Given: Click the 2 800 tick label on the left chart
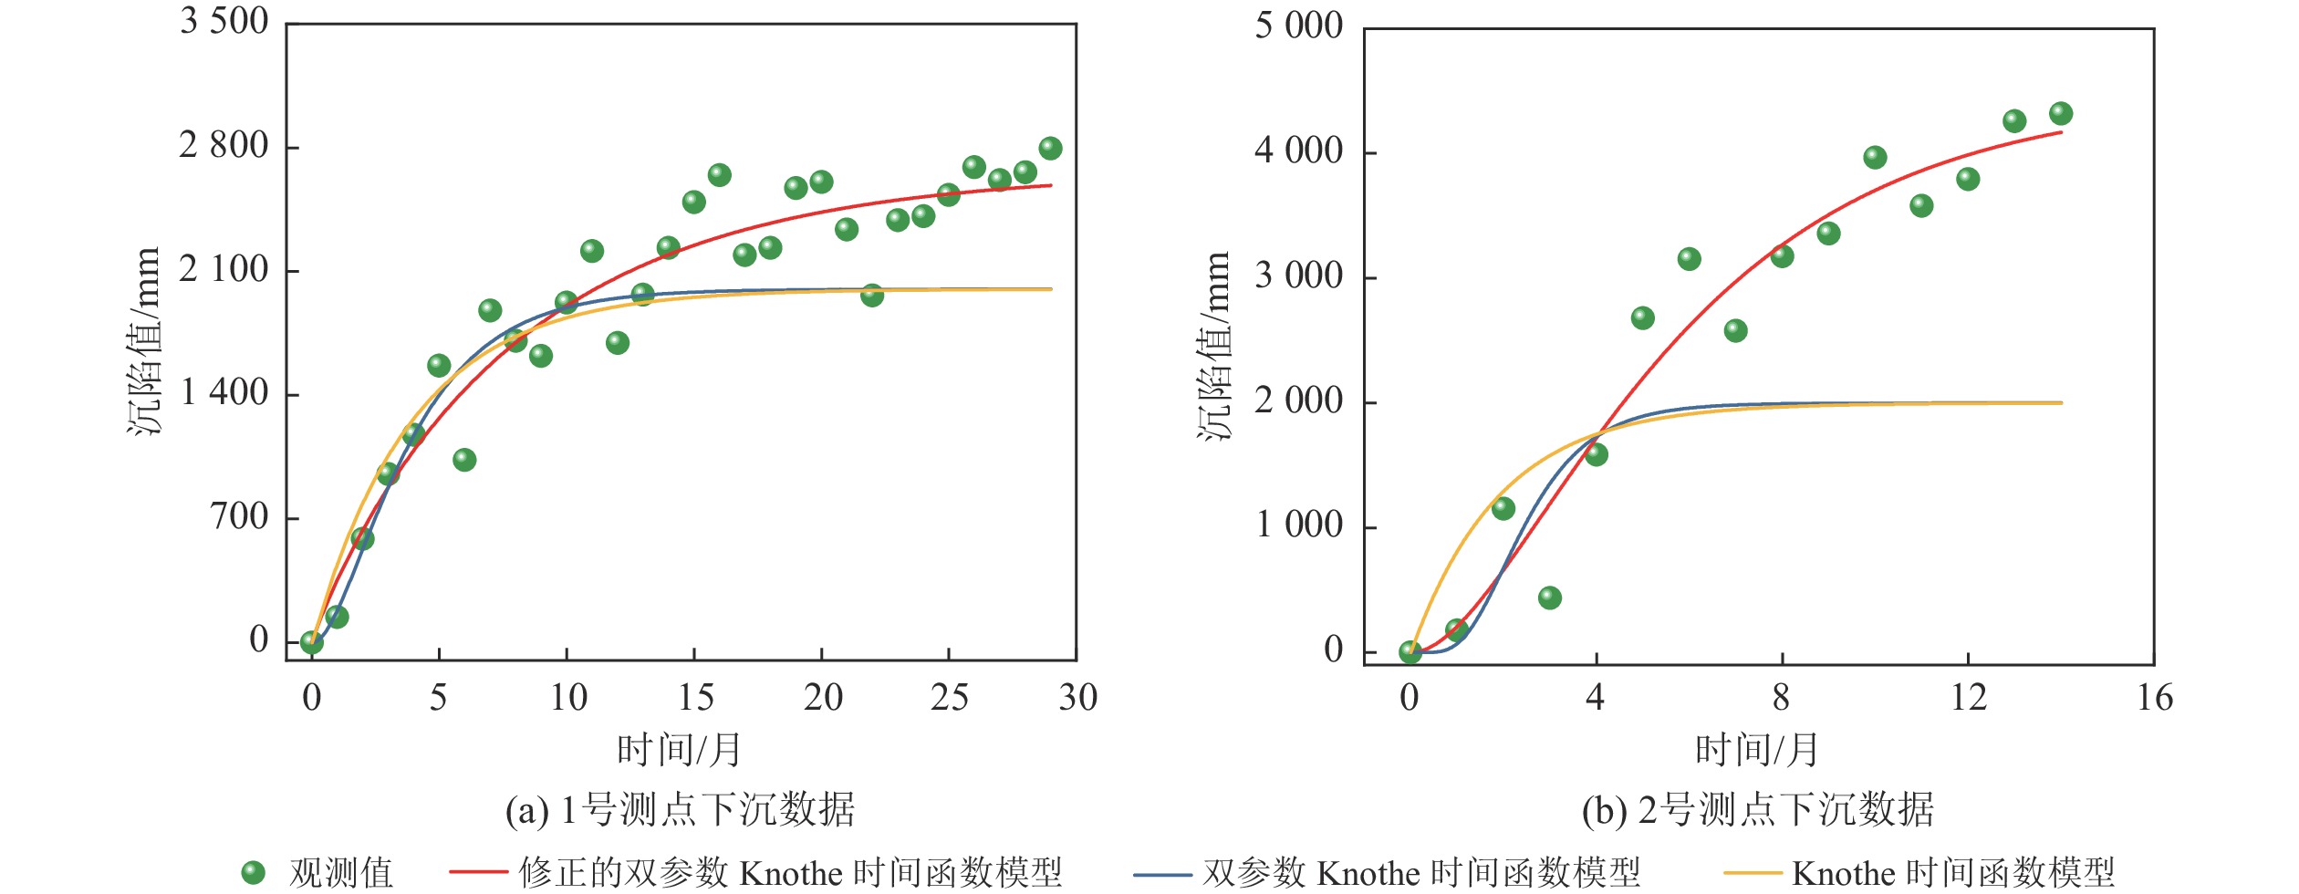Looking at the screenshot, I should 224,146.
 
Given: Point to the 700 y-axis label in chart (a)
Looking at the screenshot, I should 240,517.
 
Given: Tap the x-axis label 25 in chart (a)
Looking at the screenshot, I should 949,698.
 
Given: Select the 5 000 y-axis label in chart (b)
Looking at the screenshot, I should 1298,26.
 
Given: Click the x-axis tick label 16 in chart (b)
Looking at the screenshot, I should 2155,698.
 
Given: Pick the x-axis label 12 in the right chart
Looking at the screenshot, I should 1969,698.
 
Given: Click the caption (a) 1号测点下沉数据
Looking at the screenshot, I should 680,809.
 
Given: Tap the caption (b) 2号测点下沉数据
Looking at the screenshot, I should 1757,809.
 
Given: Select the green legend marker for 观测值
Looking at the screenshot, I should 253,872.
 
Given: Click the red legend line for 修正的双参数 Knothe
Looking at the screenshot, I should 478,872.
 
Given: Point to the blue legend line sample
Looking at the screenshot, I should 1162,874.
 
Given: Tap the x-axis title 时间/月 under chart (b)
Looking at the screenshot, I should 1756,750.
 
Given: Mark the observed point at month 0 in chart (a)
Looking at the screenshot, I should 311,642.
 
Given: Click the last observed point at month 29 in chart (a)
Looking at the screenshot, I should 1050,149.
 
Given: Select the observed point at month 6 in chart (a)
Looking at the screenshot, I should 464,460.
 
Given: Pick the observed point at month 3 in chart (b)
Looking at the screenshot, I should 1549,598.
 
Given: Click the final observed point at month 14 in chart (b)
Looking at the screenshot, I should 2061,114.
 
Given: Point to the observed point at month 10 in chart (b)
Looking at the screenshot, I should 1875,158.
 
